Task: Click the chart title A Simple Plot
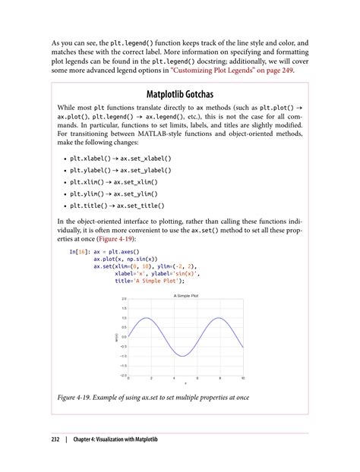point(185,294)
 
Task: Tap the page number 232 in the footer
point(56,439)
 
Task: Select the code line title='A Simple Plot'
point(149,281)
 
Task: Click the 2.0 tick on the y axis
point(123,299)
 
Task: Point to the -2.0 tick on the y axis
point(122,375)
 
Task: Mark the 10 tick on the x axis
point(243,379)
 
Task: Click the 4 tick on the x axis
point(174,379)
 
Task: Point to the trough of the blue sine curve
point(182,356)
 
